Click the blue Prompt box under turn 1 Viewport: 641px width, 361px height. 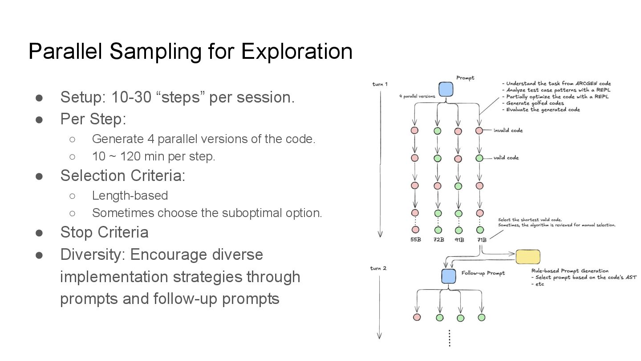tap(446, 89)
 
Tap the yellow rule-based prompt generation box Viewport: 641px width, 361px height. tap(527, 257)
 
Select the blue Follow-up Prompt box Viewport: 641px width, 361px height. tap(449, 276)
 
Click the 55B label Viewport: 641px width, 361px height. tap(415, 240)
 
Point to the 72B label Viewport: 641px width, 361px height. tap(438, 240)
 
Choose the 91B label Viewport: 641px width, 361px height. tap(459, 240)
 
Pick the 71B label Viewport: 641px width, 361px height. tap(481, 240)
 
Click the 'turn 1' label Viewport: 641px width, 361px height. tap(380, 84)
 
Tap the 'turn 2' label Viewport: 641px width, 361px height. tap(378, 268)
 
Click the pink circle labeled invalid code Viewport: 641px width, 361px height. tap(479, 131)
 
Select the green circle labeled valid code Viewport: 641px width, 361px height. tap(479, 158)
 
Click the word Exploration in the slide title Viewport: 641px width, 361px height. tap(296, 51)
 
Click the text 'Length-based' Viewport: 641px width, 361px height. tap(130, 196)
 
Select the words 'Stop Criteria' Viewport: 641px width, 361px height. tap(104, 232)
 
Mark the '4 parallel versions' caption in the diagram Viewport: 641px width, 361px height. tap(417, 96)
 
